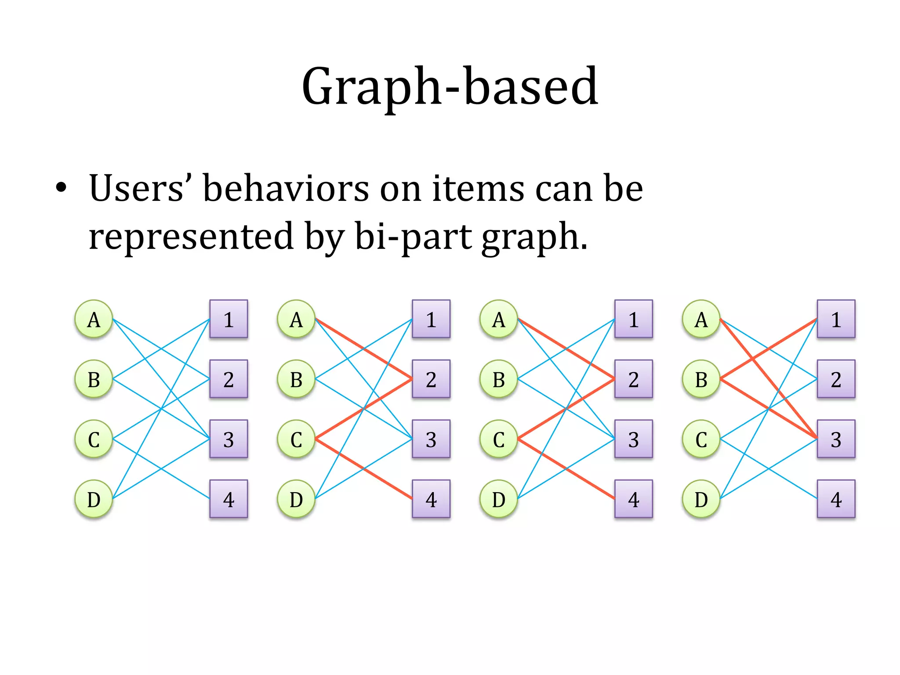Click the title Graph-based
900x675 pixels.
coord(450,87)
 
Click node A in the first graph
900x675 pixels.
coord(94,319)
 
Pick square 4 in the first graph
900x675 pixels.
coord(229,499)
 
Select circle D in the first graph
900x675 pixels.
coord(94,499)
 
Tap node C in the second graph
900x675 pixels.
coord(296,439)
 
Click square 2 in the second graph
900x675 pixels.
coord(431,379)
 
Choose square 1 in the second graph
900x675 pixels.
coord(431,319)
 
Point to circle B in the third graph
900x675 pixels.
coord(498,379)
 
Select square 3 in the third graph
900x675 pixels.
coord(633,439)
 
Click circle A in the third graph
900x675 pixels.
coord(498,319)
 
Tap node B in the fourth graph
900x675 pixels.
coord(701,379)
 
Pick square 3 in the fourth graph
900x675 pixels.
coord(836,439)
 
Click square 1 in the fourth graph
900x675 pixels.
coord(836,319)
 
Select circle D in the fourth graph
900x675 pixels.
coord(701,499)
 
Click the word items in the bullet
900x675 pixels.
coord(478,189)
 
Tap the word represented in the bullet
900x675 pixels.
coord(191,236)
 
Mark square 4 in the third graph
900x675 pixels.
coord(633,499)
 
